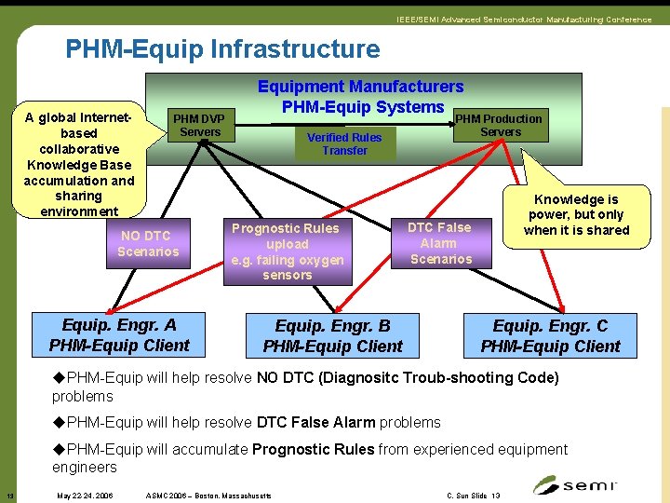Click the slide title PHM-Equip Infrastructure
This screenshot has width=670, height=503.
(x=222, y=49)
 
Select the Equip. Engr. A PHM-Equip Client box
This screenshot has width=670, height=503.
(x=118, y=335)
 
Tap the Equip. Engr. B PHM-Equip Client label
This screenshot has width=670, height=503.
(x=332, y=336)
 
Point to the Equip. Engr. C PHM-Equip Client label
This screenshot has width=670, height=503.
(x=550, y=336)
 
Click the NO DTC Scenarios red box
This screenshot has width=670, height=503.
(x=148, y=244)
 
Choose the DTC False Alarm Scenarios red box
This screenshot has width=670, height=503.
(x=440, y=243)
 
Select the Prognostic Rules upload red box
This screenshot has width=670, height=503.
(x=287, y=251)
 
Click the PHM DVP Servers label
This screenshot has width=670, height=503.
(x=200, y=126)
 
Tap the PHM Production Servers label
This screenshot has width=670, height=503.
(x=500, y=125)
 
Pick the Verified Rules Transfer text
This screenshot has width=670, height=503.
(x=344, y=143)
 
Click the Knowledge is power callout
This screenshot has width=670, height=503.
(x=576, y=214)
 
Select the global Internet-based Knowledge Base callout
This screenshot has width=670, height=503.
(x=79, y=165)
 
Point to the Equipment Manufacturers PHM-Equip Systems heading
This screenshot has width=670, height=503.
(x=360, y=97)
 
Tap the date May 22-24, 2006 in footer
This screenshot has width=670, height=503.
(x=85, y=496)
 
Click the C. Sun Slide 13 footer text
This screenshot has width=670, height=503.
(x=473, y=496)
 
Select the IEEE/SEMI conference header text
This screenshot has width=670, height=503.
(x=523, y=20)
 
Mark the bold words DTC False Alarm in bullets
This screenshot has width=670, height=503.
(x=312, y=422)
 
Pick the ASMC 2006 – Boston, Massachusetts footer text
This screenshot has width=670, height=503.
(x=209, y=496)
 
